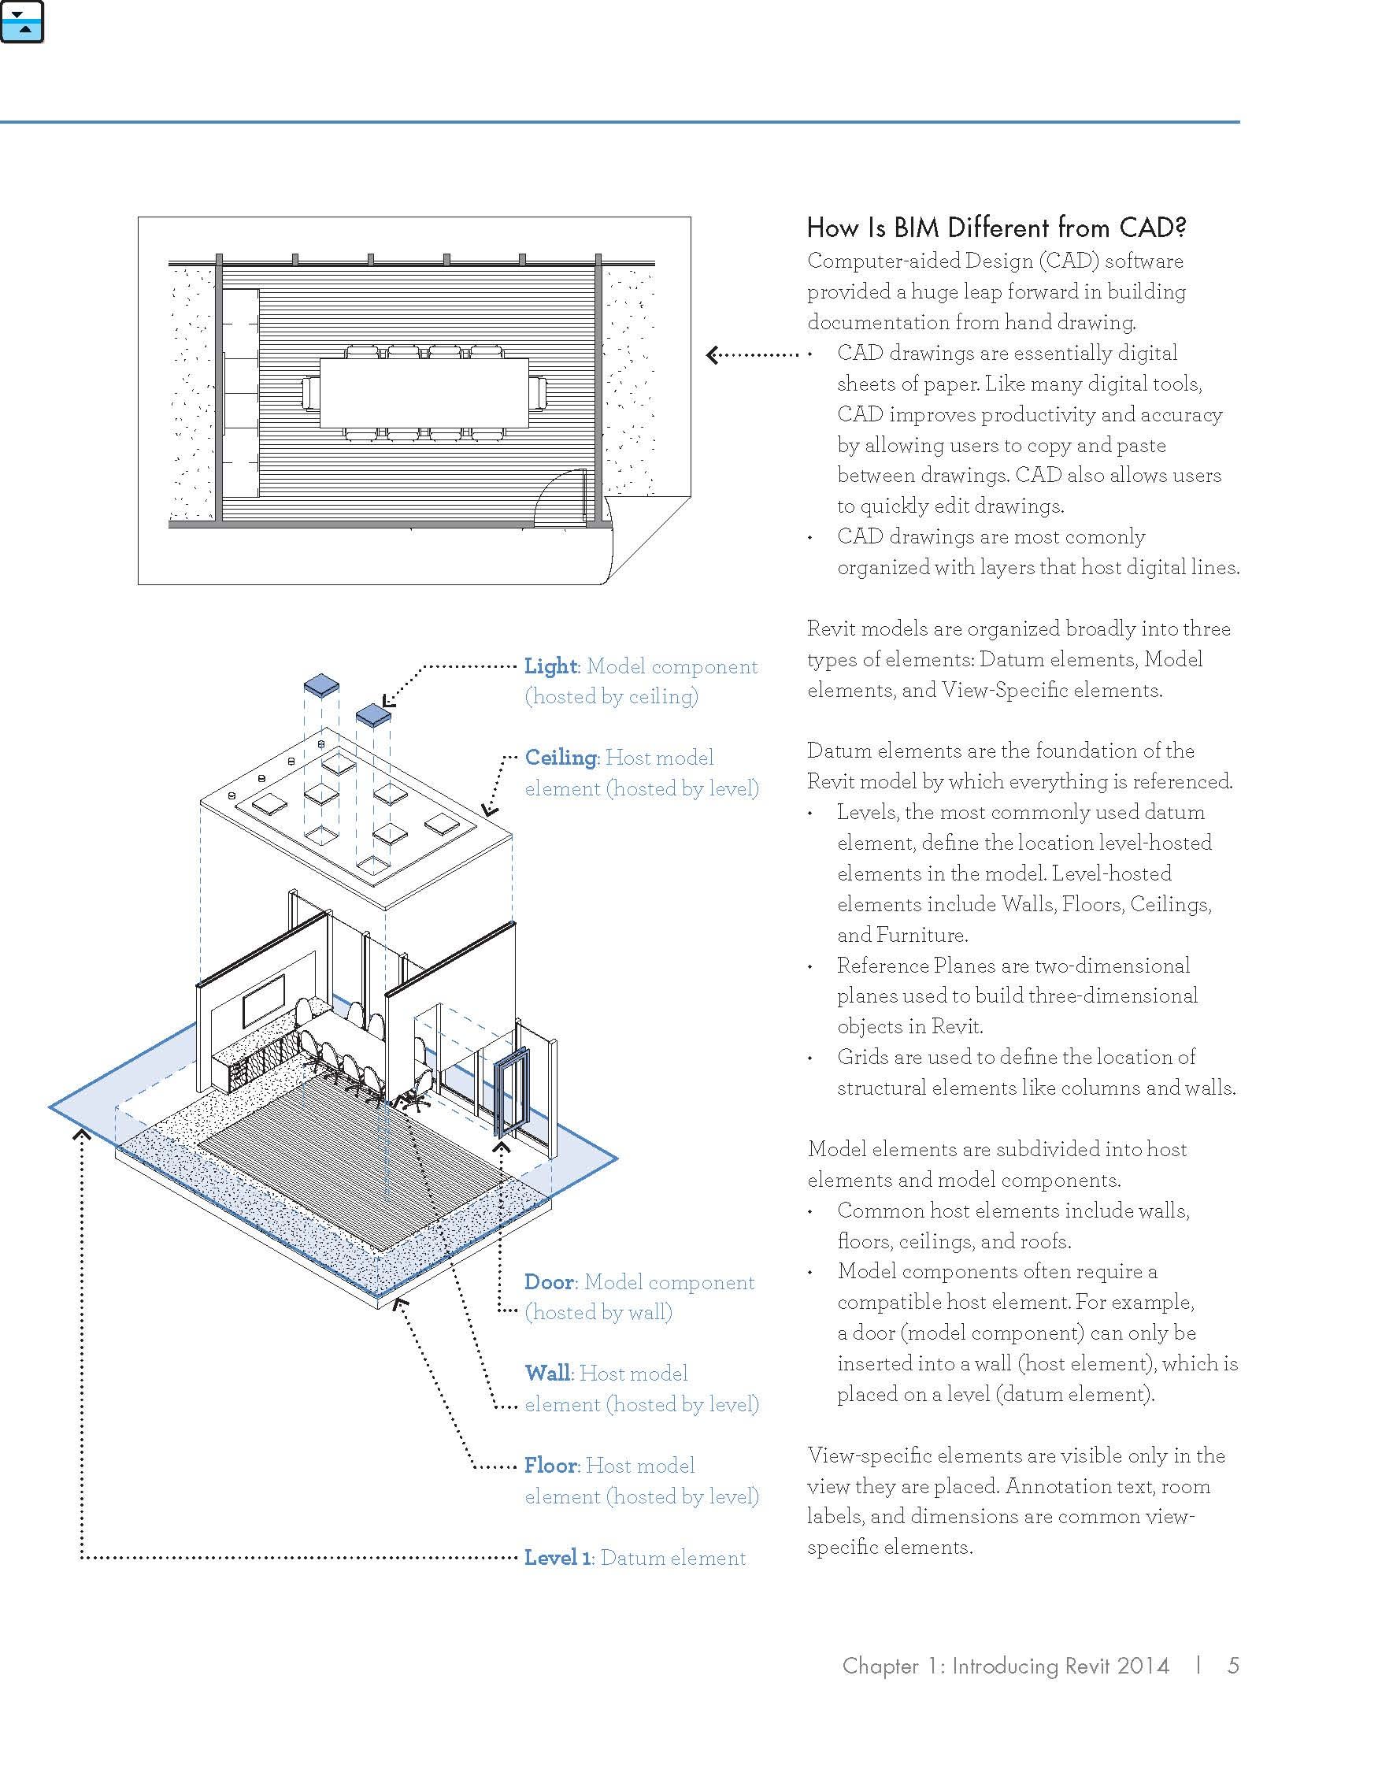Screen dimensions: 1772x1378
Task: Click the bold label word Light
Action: click(x=550, y=667)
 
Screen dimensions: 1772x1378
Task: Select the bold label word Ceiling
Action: click(x=561, y=758)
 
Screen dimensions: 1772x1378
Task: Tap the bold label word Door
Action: click(x=549, y=1283)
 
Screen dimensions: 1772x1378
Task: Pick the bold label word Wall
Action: click(x=547, y=1373)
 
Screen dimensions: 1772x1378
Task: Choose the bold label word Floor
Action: click(x=550, y=1466)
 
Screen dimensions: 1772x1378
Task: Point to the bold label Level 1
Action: click(x=557, y=1558)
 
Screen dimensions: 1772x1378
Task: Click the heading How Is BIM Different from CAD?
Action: click(x=996, y=228)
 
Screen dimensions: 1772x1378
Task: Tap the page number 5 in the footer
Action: click(x=1233, y=1666)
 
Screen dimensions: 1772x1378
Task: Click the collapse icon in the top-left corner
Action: click(x=22, y=22)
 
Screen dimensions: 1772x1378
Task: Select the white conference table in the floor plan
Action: click(x=424, y=393)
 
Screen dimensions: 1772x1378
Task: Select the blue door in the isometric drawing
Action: click(x=511, y=1092)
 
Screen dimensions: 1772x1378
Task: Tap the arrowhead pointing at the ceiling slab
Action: click(x=488, y=810)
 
